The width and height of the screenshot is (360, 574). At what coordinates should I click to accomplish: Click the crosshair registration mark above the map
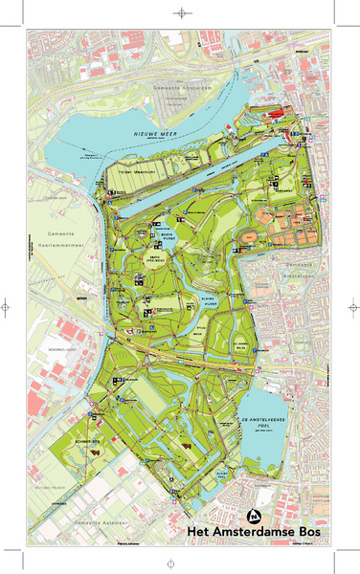pyautogui.click(x=179, y=13)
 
